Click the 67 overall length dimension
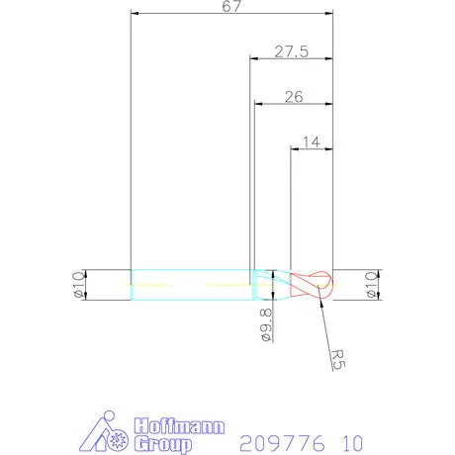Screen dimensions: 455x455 (x=231, y=7)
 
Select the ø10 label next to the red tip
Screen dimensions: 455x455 (x=371, y=285)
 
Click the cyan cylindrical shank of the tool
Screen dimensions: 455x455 (x=188, y=285)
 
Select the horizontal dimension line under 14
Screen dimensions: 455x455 (x=311, y=149)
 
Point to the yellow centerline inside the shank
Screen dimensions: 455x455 (x=188, y=286)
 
